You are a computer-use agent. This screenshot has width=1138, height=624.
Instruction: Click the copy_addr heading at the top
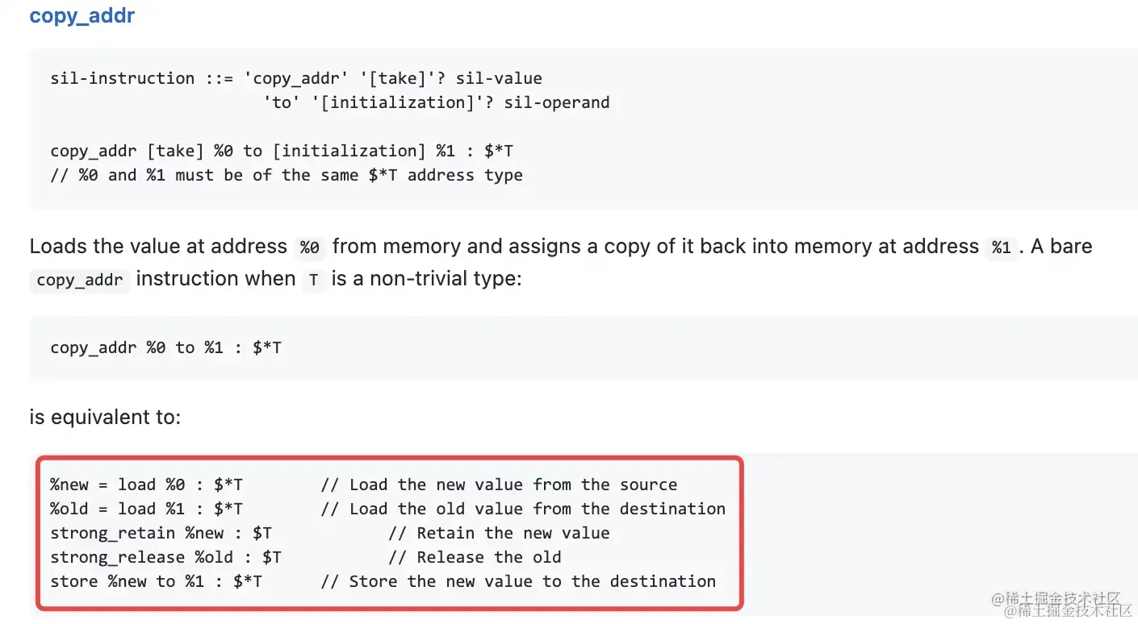point(82,15)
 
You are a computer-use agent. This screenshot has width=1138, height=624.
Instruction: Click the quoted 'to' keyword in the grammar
point(282,102)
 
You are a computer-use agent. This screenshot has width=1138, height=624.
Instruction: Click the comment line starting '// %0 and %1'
point(286,175)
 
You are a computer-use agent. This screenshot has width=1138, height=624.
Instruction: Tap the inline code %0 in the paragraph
point(309,248)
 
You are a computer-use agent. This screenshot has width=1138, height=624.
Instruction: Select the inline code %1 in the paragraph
point(1001,248)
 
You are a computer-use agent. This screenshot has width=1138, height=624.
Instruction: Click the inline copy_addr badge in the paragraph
point(79,281)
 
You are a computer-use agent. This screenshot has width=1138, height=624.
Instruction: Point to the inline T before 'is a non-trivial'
point(313,281)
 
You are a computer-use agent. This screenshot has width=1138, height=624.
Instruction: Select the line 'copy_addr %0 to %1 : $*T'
point(165,347)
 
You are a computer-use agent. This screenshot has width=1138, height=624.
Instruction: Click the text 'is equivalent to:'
point(105,418)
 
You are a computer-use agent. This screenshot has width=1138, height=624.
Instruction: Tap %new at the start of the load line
point(69,485)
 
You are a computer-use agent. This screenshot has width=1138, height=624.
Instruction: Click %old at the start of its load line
point(69,509)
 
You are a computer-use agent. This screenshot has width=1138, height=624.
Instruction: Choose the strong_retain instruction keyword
point(112,533)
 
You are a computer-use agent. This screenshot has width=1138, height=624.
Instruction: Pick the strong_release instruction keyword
point(117,557)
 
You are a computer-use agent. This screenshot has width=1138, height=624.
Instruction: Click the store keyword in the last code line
point(73,581)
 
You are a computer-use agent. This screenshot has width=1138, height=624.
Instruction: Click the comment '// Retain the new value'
point(499,533)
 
